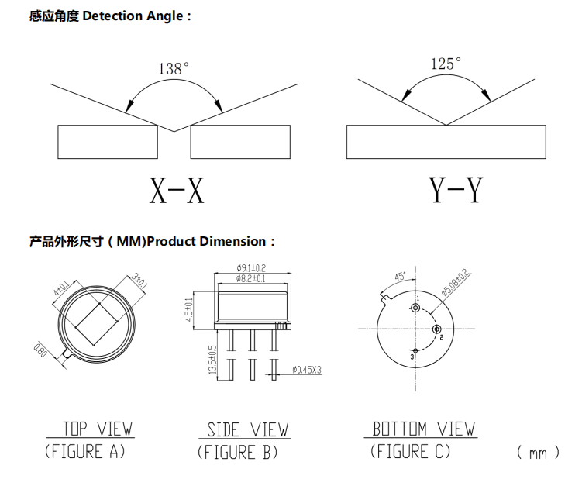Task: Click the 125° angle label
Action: (x=446, y=64)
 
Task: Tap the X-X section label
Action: (x=177, y=190)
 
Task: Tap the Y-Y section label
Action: (x=455, y=190)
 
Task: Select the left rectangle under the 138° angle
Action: (x=108, y=143)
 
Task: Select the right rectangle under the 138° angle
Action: (x=240, y=143)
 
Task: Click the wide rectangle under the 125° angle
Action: (x=446, y=143)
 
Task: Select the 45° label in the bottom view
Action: (x=401, y=275)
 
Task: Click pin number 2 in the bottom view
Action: (x=440, y=338)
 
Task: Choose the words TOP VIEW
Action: (x=97, y=429)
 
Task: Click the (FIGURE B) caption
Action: (x=238, y=451)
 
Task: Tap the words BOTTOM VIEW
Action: (x=424, y=429)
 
